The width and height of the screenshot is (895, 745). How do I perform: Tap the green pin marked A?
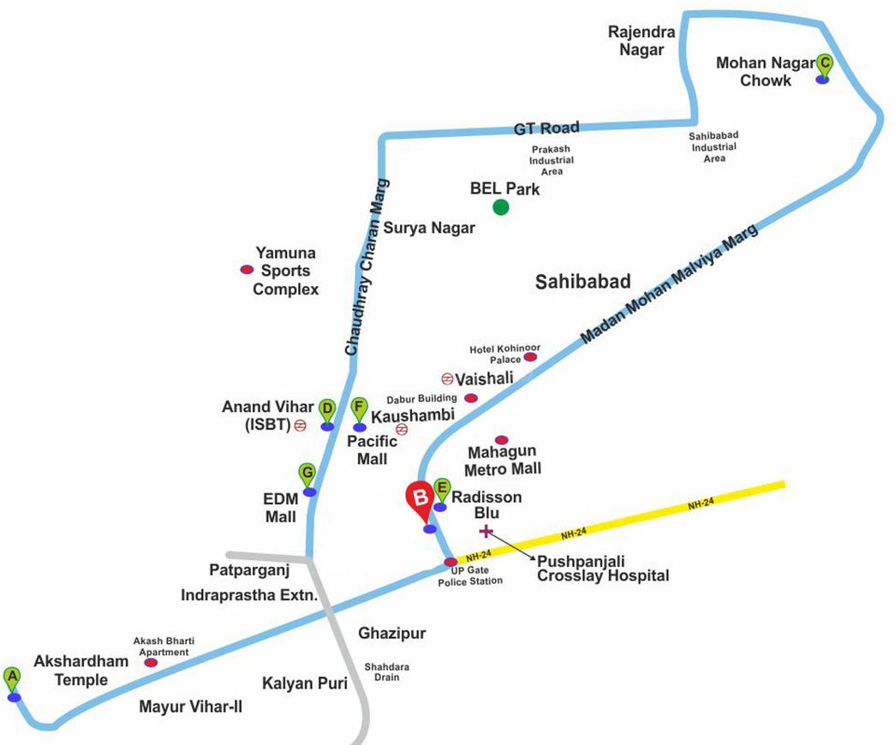click(12, 677)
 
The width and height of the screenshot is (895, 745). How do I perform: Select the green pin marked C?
click(824, 63)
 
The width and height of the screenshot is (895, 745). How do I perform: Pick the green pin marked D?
click(326, 409)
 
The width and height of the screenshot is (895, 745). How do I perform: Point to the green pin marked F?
click(360, 409)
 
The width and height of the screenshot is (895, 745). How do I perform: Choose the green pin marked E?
click(442, 489)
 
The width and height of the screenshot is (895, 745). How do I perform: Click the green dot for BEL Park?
click(501, 206)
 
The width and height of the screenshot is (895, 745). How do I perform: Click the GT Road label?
click(546, 129)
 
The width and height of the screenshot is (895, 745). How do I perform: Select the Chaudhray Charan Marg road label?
click(366, 266)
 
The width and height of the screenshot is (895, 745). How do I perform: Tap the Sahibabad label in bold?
click(582, 282)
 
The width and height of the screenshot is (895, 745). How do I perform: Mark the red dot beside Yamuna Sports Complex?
click(246, 270)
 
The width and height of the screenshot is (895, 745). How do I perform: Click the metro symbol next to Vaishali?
click(446, 378)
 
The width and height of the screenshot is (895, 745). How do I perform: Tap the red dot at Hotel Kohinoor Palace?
click(529, 356)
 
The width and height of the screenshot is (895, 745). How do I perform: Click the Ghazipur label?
click(392, 633)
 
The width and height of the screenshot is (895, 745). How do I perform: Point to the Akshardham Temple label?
click(81, 670)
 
